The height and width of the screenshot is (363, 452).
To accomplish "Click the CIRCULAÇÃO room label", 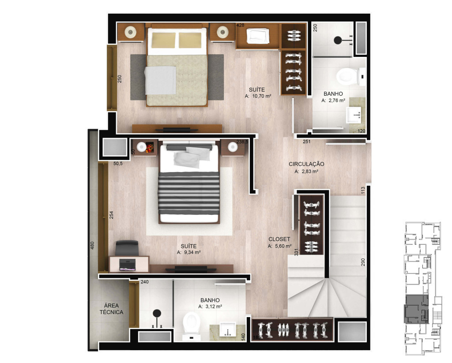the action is pos(306,164).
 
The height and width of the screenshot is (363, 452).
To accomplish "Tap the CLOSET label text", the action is pos(279,239).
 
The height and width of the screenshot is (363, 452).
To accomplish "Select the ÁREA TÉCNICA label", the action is pos(111,309).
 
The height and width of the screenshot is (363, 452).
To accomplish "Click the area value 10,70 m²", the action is pos(261,96).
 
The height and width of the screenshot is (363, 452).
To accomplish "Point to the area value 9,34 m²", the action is pos(192,252).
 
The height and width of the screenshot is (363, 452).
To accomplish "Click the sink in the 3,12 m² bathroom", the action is pos(227,329).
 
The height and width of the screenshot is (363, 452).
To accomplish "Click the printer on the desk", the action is pos(128,265).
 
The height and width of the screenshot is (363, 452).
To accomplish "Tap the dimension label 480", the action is pos(92,246).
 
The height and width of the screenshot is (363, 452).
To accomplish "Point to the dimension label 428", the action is pos(240,25).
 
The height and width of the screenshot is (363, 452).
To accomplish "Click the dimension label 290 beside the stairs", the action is pos(363,262).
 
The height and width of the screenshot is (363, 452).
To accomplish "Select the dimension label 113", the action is pos(363,191).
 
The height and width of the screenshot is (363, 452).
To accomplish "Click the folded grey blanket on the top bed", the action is pos(160,80).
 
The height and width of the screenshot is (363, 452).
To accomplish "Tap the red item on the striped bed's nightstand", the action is pos(150,147).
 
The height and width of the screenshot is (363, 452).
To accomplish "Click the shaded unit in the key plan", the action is pos(416,309).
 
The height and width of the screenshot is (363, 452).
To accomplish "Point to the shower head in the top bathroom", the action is pos(338,40).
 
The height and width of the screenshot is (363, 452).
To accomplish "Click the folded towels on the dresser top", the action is pos(258,36).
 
